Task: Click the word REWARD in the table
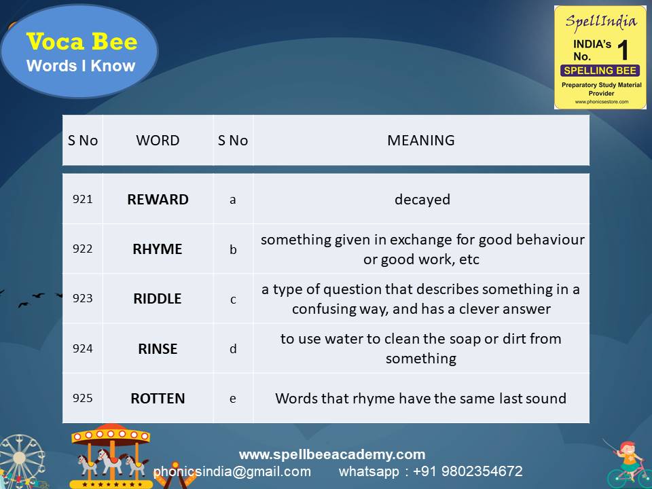click(x=158, y=200)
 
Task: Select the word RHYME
click(x=158, y=249)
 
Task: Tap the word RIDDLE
click(x=158, y=299)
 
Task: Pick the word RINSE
click(x=158, y=348)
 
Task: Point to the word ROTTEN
click(x=158, y=399)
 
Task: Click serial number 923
click(x=82, y=298)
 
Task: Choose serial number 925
click(x=82, y=398)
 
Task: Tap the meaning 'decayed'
click(x=422, y=200)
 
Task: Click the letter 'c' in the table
click(x=233, y=299)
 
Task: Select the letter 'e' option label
click(x=233, y=399)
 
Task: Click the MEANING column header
click(x=421, y=141)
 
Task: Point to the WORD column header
click(x=158, y=141)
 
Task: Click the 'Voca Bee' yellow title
click(x=81, y=42)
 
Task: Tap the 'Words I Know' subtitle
click(x=81, y=66)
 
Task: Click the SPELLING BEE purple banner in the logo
click(x=599, y=71)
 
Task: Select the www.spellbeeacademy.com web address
click(x=332, y=454)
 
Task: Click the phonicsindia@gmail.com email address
click(x=232, y=471)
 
